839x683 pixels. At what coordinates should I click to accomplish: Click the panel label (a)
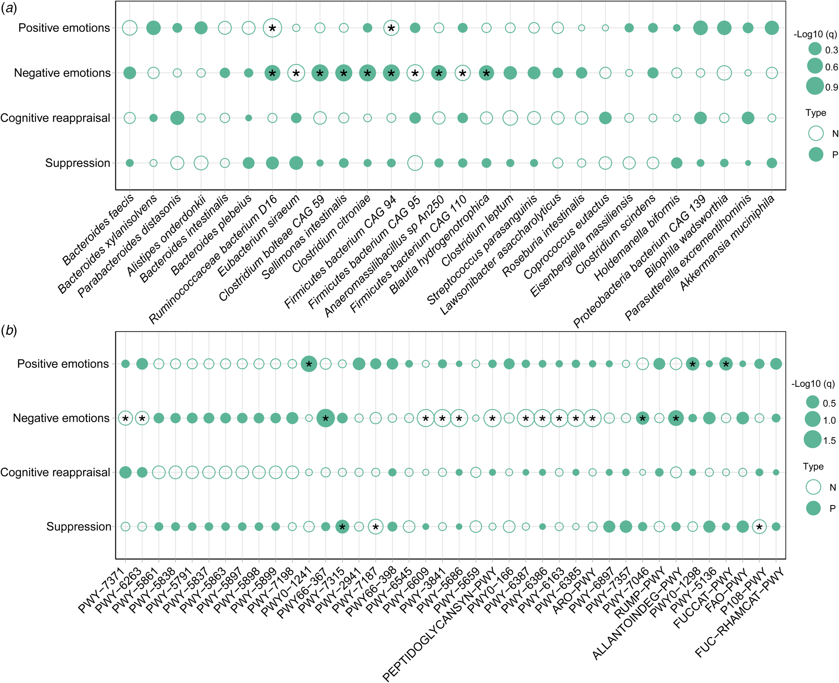tap(9, 9)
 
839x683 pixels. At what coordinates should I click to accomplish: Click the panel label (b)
tap(9, 331)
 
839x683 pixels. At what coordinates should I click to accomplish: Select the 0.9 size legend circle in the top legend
tap(815, 86)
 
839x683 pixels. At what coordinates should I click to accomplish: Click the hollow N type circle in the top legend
tap(816, 133)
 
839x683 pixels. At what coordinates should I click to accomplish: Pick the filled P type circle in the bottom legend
tap(813, 508)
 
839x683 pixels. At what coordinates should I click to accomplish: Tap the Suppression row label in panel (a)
tap(78, 163)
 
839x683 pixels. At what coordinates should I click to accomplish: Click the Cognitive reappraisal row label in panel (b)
tap(55, 472)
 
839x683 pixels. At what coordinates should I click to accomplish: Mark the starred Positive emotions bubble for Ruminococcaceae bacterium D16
tap(272, 28)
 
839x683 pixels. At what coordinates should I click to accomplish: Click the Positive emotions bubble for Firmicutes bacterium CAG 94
tap(391, 28)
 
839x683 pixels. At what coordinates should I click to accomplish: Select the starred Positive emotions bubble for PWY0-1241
tap(309, 364)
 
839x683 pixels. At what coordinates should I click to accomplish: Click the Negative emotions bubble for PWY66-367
tap(326, 418)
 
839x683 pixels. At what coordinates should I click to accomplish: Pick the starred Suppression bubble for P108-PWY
tap(759, 527)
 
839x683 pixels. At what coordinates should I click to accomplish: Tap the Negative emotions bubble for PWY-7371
tap(126, 418)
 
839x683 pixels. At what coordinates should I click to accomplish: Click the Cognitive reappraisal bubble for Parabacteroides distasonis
tap(177, 118)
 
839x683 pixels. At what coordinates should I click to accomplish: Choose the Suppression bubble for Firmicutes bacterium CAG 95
tap(415, 163)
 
